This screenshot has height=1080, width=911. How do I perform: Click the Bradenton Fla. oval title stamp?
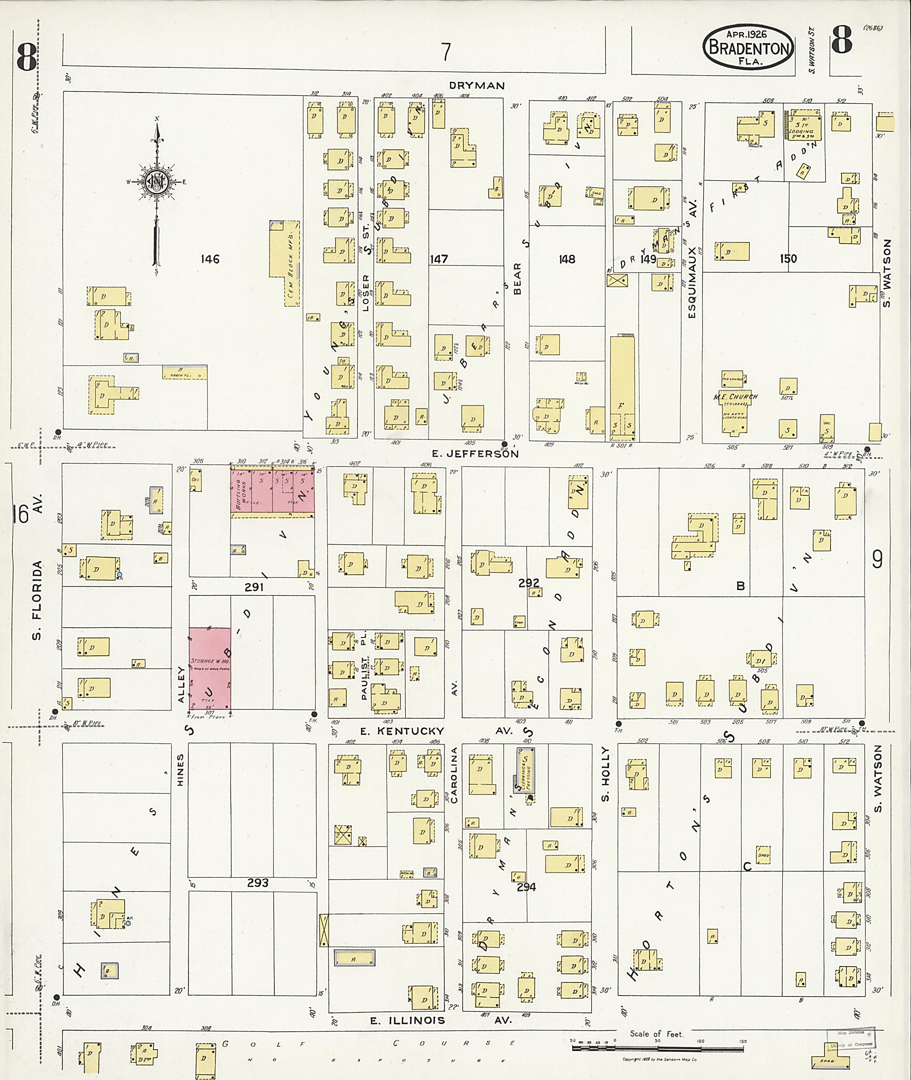pos(748,47)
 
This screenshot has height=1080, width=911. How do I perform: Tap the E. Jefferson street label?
pos(475,454)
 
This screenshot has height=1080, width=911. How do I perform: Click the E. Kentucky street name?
pos(402,731)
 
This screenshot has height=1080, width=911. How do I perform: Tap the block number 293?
pos(257,883)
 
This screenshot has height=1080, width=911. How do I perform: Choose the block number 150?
pos(788,259)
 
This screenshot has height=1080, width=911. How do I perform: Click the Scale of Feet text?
pos(656,1034)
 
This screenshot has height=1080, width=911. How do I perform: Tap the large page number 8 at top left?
pos(26,57)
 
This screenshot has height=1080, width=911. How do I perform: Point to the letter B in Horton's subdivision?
pos(740,586)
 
